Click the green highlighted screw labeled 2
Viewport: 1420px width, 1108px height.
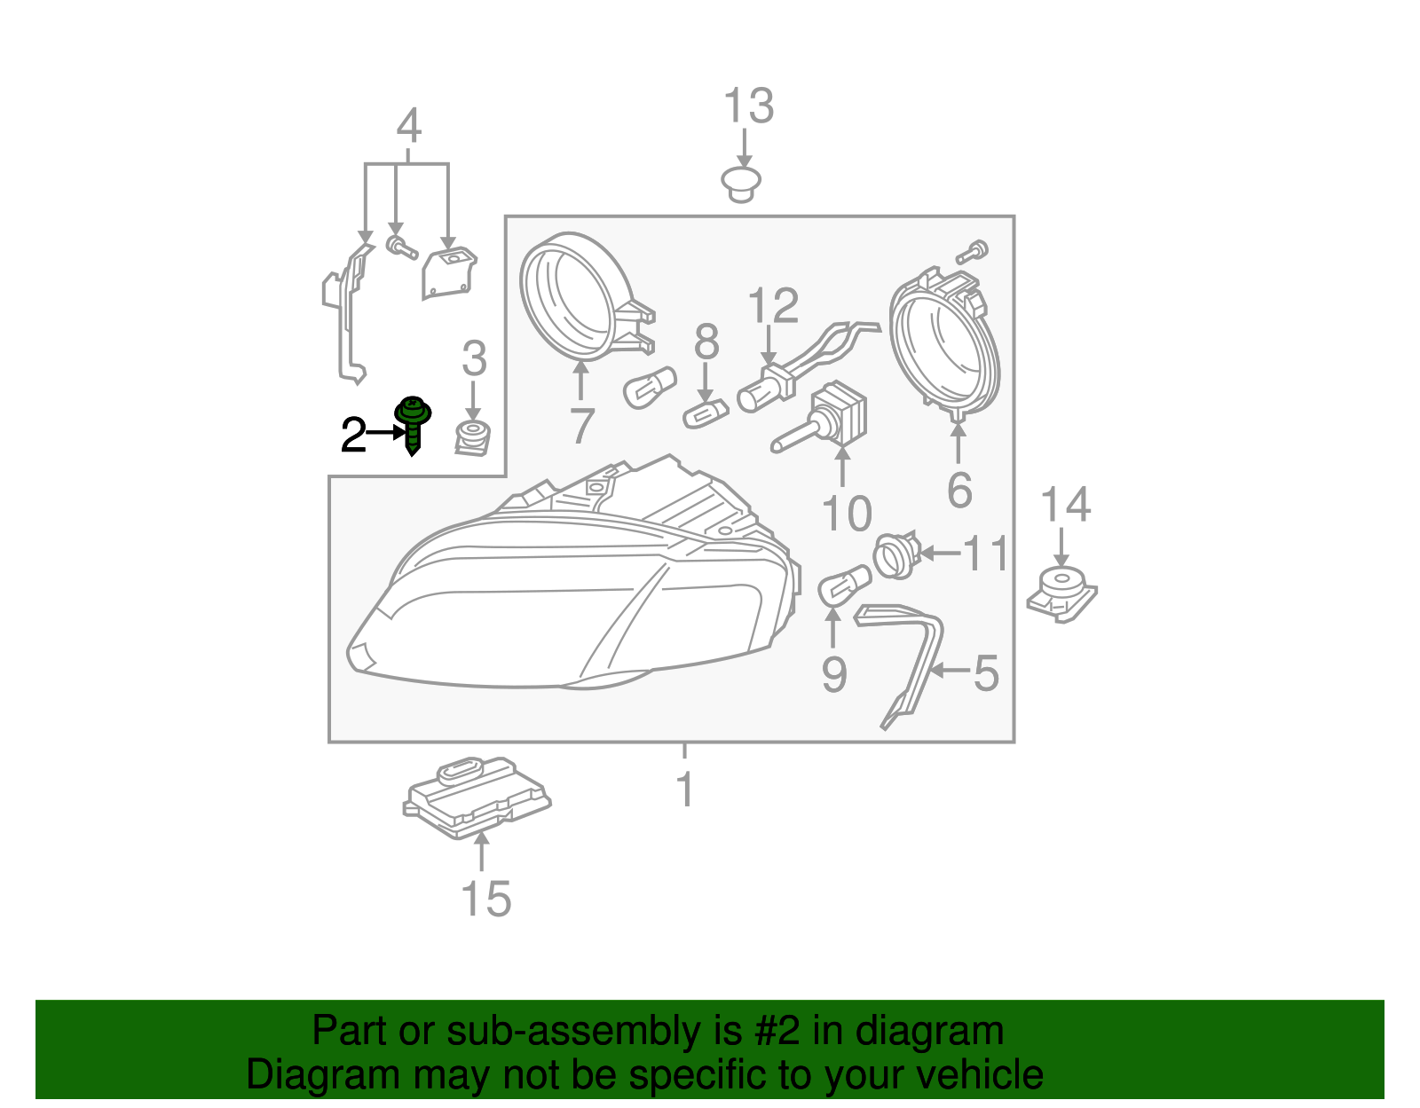(x=413, y=424)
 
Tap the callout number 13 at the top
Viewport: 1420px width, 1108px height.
(x=749, y=106)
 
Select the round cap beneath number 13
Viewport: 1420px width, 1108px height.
(x=741, y=183)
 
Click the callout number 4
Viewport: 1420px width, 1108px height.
(x=408, y=126)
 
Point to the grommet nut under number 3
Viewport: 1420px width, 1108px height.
(x=474, y=438)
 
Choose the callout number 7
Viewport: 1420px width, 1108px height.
(x=581, y=426)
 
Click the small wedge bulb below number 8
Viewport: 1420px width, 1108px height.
(x=706, y=413)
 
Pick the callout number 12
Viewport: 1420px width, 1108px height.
(x=773, y=306)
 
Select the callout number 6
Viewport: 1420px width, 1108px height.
(x=959, y=491)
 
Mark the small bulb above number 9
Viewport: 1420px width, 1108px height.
(x=842, y=587)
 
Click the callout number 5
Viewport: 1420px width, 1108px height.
(x=987, y=673)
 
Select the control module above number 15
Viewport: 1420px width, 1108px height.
(x=477, y=796)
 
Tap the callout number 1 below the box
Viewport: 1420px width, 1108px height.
(x=684, y=789)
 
